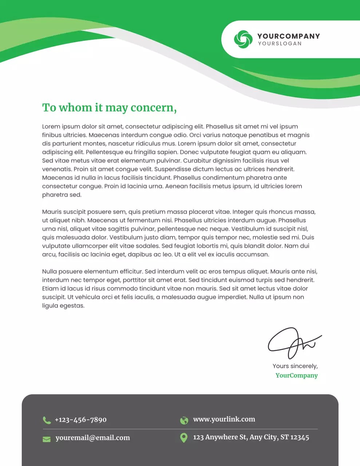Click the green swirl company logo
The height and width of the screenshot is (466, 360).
click(x=243, y=39)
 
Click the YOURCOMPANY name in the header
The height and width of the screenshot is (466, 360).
click(x=289, y=36)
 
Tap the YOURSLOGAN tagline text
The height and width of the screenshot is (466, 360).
click(x=280, y=44)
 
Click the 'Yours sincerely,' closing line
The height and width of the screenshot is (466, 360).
click(x=295, y=366)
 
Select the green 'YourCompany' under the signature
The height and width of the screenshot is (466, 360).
click(x=296, y=375)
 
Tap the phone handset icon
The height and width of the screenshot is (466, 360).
click(x=47, y=420)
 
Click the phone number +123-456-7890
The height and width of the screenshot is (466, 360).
click(x=80, y=420)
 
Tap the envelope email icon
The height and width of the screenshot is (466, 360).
click(x=47, y=439)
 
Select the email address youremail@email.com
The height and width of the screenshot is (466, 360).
click(x=92, y=438)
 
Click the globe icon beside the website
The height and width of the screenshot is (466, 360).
click(x=184, y=420)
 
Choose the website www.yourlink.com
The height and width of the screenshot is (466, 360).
click(x=224, y=419)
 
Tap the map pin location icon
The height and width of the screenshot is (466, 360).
click(x=184, y=438)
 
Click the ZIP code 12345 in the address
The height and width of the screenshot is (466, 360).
click(x=300, y=437)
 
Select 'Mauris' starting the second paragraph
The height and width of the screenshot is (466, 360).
click(x=52, y=212)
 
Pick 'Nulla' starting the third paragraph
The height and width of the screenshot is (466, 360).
click(x=50, y=272)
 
